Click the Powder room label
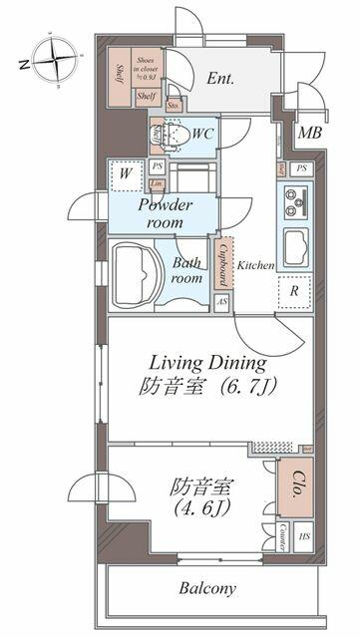[x=165, y=212]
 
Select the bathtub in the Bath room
[x=138, y=271]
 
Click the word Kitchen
[x=255, y=266]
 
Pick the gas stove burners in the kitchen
[x=294, y=202]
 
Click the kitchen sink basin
[x=295, y=246]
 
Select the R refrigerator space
[x=295, y=291]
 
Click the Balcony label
[x=207, y=588]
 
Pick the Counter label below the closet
[x=282, y=532]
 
